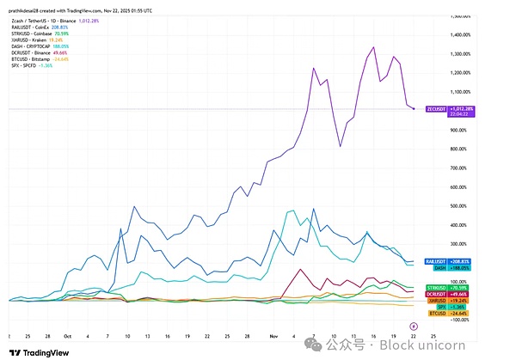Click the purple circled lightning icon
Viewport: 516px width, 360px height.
(414, 324)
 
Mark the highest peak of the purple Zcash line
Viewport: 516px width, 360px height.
(374, 47)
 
